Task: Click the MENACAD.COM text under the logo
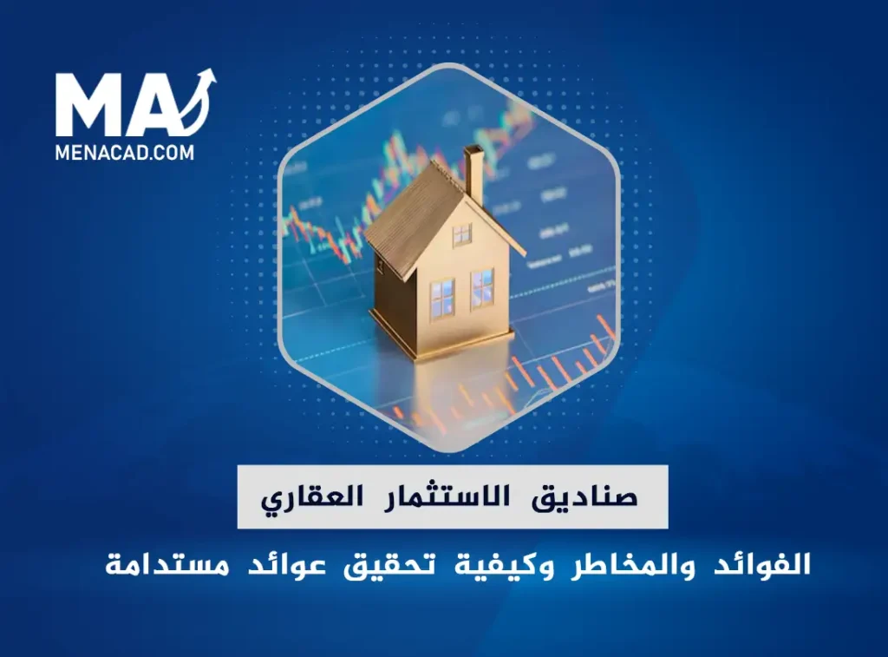pyautogui.click(x=125, y=152)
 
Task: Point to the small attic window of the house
pyautogui.click(x=461, y=233)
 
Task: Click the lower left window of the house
pyautogui.click(x=441, y=298)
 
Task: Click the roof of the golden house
pyautogui.click(x=408, y=213)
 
